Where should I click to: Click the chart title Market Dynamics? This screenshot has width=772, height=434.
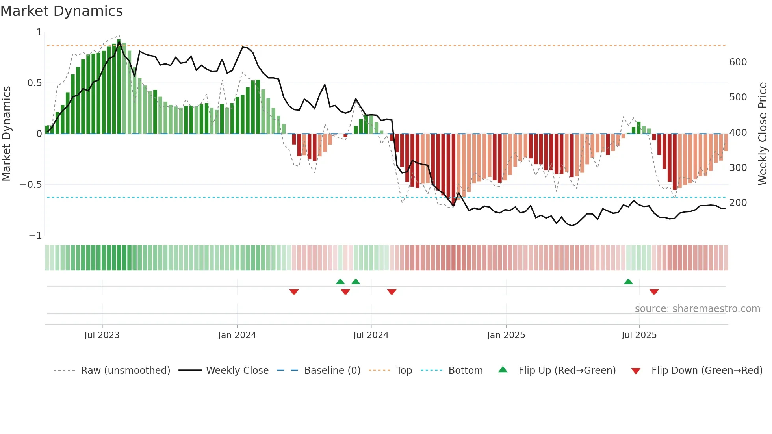62,11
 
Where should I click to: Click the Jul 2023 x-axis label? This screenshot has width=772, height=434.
102,335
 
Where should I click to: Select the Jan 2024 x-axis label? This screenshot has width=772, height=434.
237,335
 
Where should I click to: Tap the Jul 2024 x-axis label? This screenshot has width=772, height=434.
371,335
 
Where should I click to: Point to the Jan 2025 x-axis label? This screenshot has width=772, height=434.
506,335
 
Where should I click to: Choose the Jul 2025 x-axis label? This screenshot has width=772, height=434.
639,335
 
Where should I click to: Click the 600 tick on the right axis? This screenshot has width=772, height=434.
738,62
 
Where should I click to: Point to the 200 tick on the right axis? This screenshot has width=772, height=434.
738,203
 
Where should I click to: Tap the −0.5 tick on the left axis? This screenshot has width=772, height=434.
31,185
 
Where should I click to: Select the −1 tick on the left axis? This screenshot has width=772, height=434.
35,236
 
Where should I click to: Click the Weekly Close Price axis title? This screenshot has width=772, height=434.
763,134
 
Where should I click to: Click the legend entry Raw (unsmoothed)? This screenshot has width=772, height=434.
125,371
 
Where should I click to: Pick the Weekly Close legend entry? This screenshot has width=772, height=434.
237,371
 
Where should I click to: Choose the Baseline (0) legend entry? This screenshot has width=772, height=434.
332,371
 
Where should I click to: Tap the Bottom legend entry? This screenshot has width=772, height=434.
465,371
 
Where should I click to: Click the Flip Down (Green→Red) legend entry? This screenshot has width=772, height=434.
707,371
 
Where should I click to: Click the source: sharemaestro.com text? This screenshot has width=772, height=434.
697,309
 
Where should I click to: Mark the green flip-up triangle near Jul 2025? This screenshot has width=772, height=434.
628,282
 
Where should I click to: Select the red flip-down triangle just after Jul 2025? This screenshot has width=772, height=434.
654,292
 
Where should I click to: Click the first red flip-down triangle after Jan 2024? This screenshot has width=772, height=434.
294,292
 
